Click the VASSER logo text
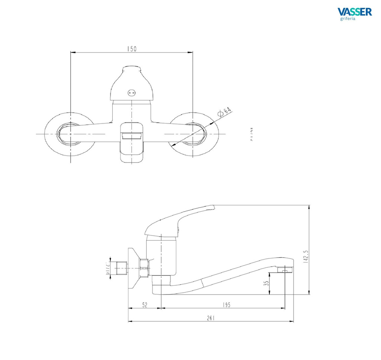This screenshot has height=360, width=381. tap(354, 12)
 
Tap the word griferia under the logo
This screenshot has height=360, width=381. tap(348, 19)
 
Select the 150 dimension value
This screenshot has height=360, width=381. tap(132, 49)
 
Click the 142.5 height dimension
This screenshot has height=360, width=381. tap(305, 254)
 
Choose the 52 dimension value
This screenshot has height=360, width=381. tap(145, 305)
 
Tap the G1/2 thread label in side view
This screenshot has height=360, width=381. tap(106, 268)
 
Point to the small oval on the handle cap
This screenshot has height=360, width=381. tap(132, 93)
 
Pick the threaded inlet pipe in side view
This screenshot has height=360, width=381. tap(121, 268)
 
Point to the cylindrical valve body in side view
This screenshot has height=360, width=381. tap(161, 257)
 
